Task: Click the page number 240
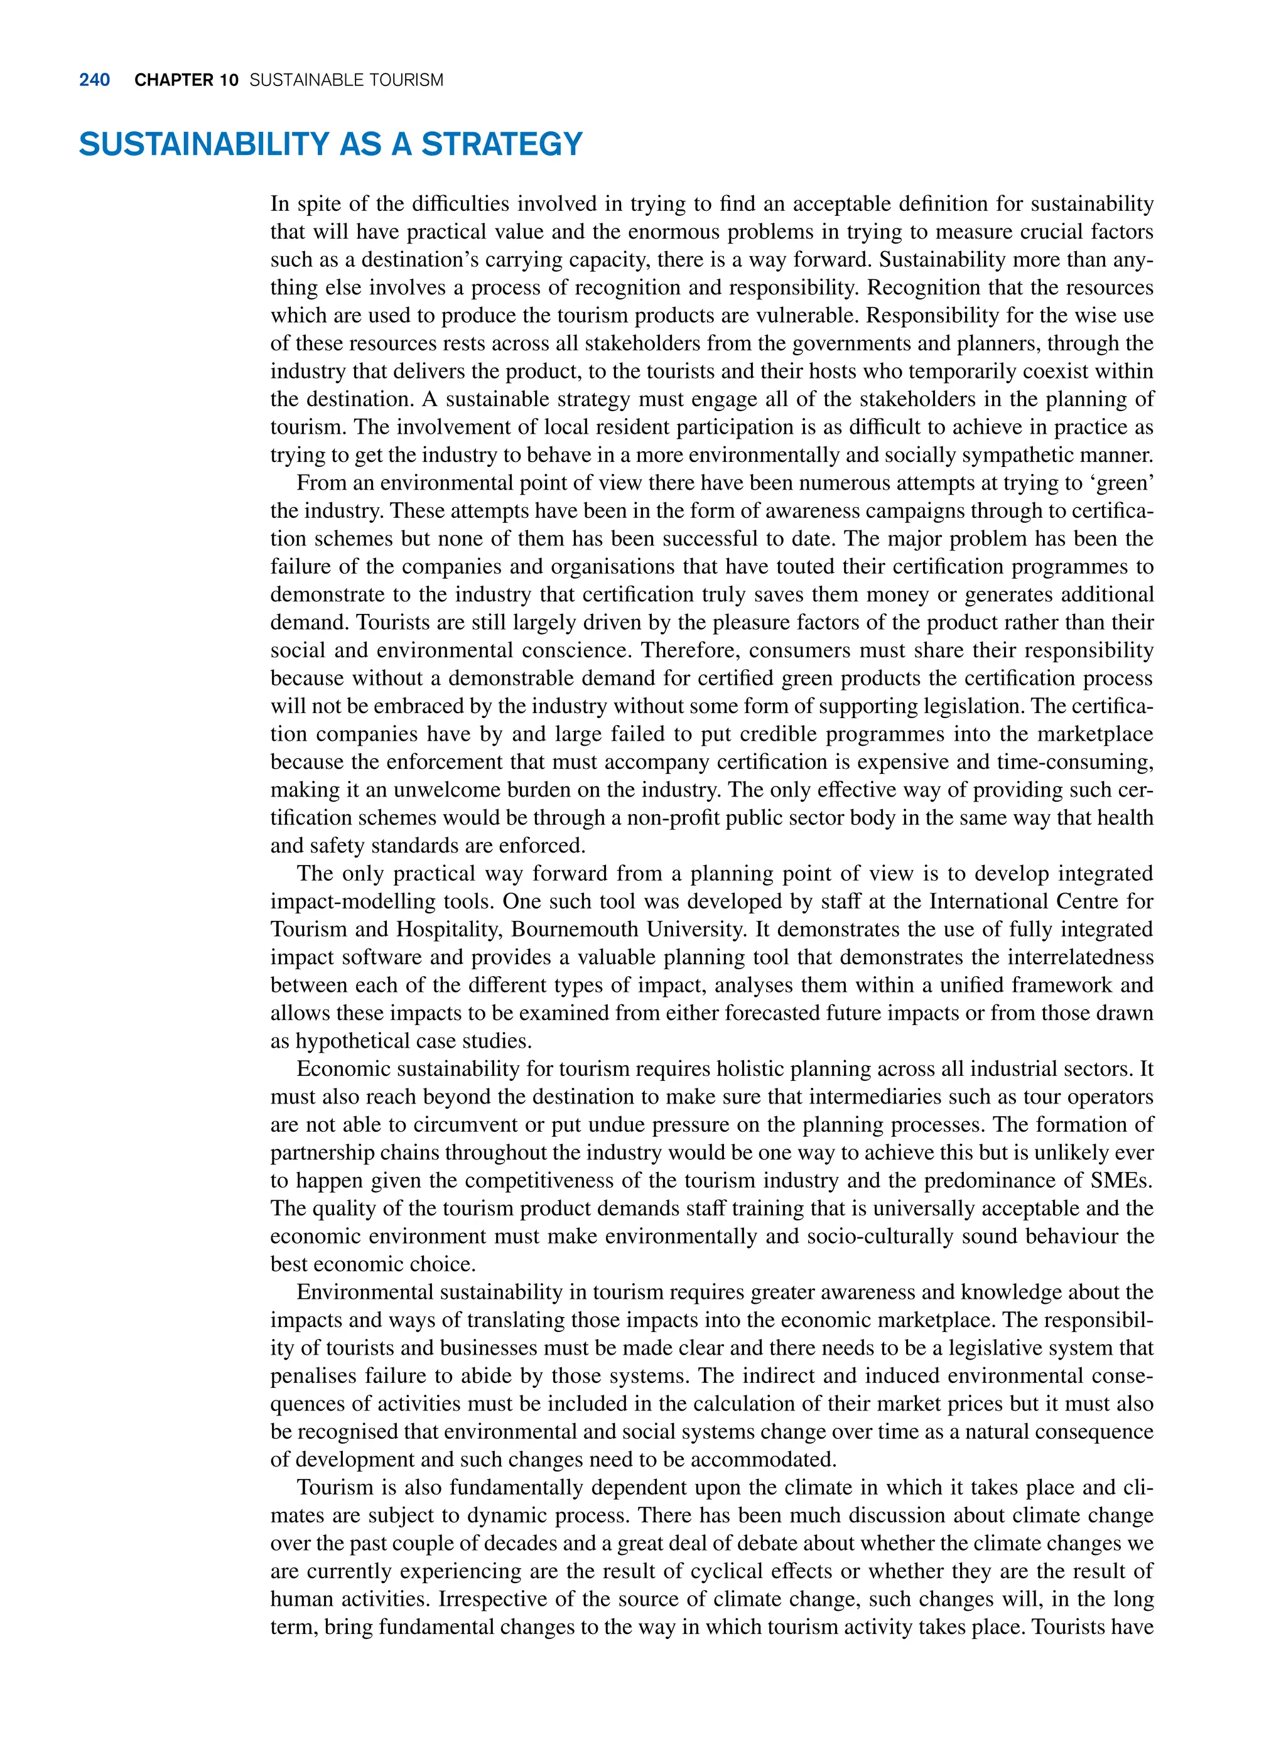(x=94, y=80)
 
